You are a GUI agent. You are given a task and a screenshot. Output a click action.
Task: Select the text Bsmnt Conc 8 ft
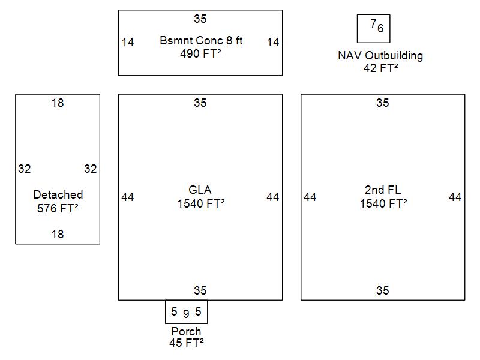tap(201, 41)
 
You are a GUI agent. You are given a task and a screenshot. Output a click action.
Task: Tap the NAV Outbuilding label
tap(380, 56)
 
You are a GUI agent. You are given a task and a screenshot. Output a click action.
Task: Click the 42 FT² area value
tap(380, 68)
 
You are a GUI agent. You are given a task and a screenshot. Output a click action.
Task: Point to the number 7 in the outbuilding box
tap(373, 24)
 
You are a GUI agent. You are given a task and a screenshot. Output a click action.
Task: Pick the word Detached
tap(58, 195)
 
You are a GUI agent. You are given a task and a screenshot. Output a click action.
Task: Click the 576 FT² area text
tap(58, 208)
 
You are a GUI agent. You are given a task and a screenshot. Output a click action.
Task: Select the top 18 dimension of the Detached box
tap(58, 103)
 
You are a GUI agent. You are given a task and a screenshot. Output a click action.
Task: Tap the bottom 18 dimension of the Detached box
tap(58, 234)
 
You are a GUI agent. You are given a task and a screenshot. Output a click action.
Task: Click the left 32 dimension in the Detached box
tap(24, 169)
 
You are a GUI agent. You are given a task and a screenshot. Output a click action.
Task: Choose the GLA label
tap(200, 191)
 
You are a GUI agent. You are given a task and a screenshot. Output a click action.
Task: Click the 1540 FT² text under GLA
tap(200, 204)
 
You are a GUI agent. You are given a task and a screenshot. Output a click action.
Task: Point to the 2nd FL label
tap(382, 190)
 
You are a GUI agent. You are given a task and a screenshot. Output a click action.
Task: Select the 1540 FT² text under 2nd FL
tap(383, 204)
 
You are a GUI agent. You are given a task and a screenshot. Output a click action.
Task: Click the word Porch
tap(186, 332)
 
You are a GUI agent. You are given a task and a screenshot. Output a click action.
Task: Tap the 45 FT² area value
tap(186, 343)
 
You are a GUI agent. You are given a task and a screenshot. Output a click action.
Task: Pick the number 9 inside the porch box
tap(186, 314)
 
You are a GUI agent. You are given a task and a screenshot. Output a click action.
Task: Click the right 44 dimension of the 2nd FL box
tap(455, 197)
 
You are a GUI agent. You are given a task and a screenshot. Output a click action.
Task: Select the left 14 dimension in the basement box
tap(128, 42)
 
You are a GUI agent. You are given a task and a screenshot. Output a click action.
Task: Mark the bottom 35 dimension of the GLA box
tap(200, 291)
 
